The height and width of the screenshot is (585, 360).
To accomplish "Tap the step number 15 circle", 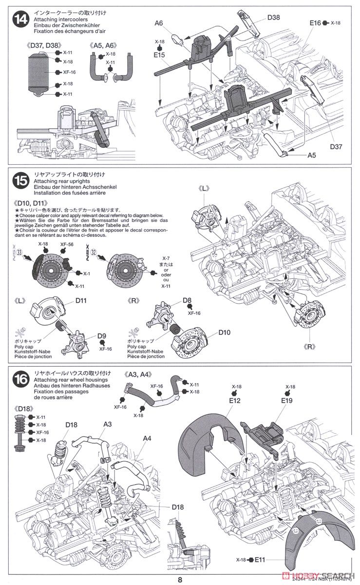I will coord(21,181).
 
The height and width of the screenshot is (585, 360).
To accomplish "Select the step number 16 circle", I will coord(21,379).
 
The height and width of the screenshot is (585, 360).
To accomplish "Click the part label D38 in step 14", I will coord(273,18).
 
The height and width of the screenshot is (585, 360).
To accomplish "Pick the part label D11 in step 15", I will coord(81,301).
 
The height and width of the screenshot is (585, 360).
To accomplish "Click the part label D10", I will coord(224,332).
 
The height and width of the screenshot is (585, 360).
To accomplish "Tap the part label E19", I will coord(286,401).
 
